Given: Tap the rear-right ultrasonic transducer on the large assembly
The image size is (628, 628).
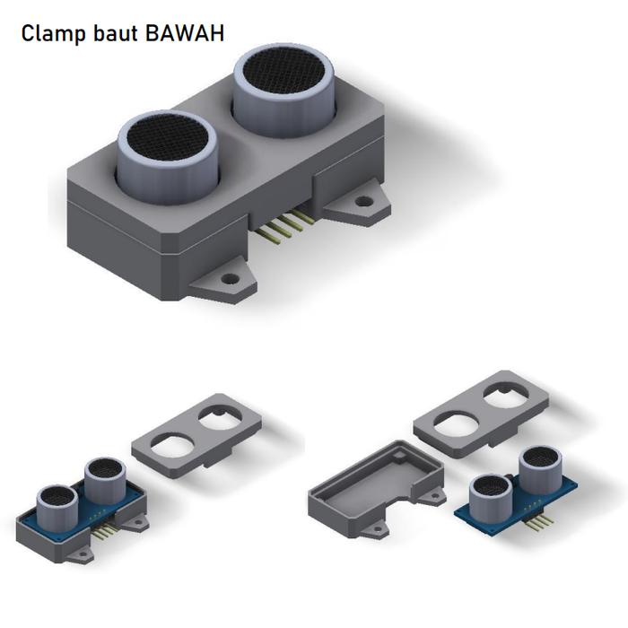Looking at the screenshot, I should (x=284, y=85).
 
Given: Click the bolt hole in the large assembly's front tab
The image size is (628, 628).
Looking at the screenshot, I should (x=231, y=280).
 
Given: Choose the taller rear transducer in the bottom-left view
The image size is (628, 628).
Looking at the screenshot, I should (x=104, y=479).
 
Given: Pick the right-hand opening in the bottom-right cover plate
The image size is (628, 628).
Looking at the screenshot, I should (x=502, y=393).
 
